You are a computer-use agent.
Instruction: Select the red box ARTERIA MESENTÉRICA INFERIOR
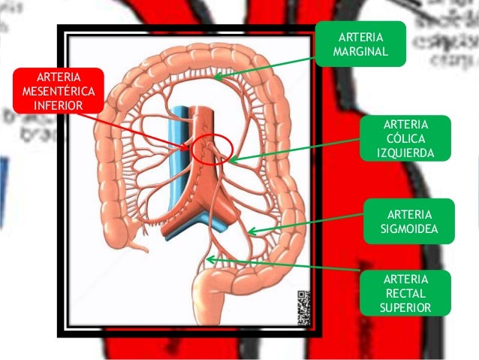pos(53,90)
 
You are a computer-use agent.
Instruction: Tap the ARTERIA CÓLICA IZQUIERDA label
pos(406,138)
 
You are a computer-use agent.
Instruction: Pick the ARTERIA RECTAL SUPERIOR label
pos(406,292)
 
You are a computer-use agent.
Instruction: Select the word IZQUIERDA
pos(406,153)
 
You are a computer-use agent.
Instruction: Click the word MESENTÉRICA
pos(53,90)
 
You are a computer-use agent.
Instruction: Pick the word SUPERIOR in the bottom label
pos(406,307)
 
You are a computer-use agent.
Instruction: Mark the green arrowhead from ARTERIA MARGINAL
pos(216,77)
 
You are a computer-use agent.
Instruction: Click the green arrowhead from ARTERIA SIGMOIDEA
pos(251,231)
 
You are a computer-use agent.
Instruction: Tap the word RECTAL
pos(406,292)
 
